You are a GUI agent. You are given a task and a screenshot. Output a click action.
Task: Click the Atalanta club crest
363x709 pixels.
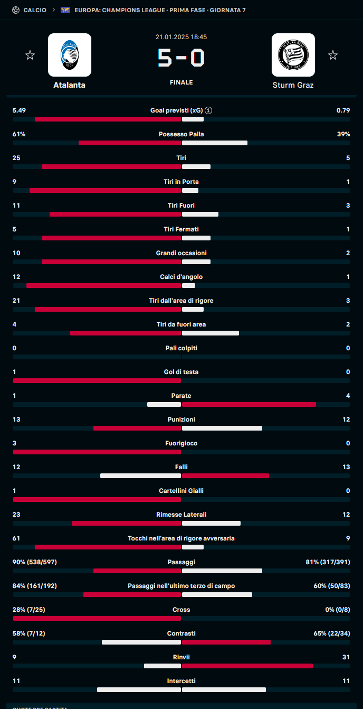click(x=70, y=55)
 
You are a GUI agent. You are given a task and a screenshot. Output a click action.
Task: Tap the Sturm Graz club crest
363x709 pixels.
click(x=293, y=55)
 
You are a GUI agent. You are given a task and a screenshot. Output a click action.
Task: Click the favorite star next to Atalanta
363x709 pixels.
click(x=30, y=55)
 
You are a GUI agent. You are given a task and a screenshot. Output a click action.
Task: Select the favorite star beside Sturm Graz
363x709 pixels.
click(x=332, y=55)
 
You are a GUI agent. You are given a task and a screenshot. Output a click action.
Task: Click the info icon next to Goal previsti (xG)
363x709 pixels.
click(x=209, y=110)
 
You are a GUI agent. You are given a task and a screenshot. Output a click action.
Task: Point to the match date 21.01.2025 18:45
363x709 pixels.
click(x=181, y=37)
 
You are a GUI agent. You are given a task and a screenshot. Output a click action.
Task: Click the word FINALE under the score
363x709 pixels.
click(x=181, y=82)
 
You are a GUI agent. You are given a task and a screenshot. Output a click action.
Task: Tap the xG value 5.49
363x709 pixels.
click(x=20, y=110)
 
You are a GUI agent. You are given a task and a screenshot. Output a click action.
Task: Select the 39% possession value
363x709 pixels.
click(x=343, y=134)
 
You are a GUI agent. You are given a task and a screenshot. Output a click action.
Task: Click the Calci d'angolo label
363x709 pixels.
click(x=181, y=277)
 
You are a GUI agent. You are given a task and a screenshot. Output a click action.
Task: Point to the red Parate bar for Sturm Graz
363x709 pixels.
click(x=249, y=405)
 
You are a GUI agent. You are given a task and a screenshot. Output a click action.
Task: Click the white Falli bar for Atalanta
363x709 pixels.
click(x=140, y=476)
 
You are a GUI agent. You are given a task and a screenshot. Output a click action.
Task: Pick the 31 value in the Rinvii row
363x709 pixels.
click(x=346, y=657)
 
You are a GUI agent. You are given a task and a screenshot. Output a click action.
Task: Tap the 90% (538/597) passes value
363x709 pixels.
click(x=34, y=562)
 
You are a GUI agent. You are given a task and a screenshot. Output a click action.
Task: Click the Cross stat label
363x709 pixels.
click(x=181, y=610)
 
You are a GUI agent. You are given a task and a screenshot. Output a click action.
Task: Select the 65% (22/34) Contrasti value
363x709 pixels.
click(x=332, y=633)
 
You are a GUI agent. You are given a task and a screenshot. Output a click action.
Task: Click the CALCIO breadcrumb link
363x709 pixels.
click(x=35, y=10)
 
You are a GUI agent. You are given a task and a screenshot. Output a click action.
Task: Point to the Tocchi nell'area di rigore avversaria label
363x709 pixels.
click(x=181, y=538)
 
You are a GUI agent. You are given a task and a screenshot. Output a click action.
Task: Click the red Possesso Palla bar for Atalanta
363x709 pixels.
click(x=130, y=143)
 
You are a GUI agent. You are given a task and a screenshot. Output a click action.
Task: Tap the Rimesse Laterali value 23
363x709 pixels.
click(x=16, y=515)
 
